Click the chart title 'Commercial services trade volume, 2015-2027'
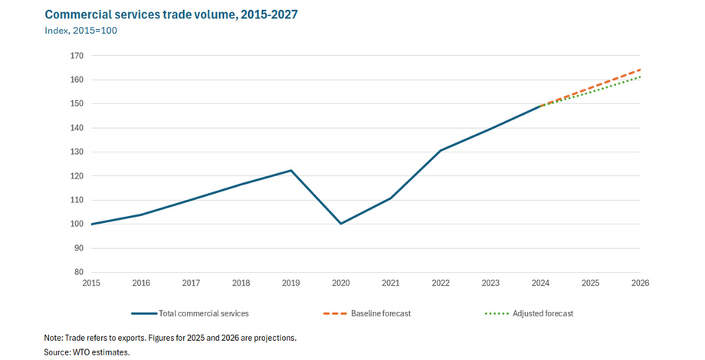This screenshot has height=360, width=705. tap(172, 15)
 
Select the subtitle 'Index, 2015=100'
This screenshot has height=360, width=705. tap(80, 31)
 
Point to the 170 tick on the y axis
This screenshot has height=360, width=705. tap(77, 56)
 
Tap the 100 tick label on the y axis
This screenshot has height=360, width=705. tap(77, 224)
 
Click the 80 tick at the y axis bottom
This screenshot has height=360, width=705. tap(79, 272)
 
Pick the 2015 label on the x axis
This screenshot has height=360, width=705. tap(91, 283)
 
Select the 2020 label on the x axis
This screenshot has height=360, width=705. tap(341, 283)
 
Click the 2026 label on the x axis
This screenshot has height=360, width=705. tap(640, 283)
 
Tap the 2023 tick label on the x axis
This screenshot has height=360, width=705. tap(490, 283)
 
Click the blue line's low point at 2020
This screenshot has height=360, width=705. tap(341, 224)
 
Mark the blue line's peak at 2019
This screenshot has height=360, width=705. tap(291, 170)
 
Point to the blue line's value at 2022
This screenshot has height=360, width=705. tap(441, 150)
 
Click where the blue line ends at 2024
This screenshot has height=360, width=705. tap(540, 106)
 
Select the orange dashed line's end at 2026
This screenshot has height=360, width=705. tap(640, 70)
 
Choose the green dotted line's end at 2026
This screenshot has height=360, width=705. tap(640, 77)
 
